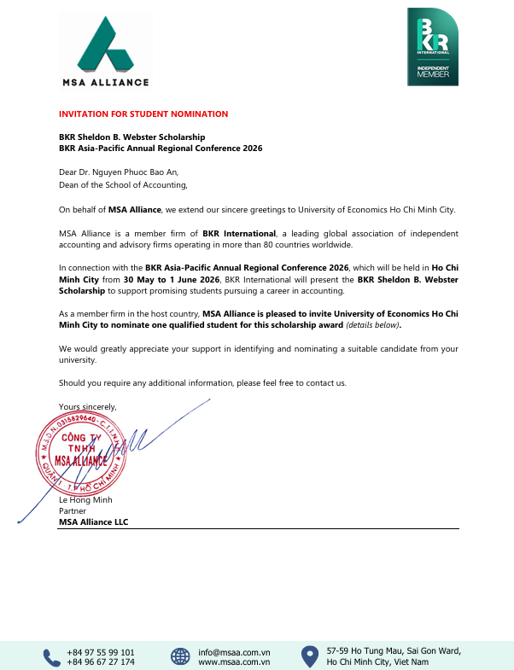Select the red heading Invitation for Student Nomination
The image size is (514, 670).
point(143,114)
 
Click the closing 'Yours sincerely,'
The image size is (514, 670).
point(88,405)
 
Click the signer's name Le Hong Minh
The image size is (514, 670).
point(85,500)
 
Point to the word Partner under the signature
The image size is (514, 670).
point(73,510)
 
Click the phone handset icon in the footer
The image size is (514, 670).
point(49,656)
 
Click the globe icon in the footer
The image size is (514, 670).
point(179,656)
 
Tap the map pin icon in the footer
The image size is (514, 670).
point(309,656)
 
